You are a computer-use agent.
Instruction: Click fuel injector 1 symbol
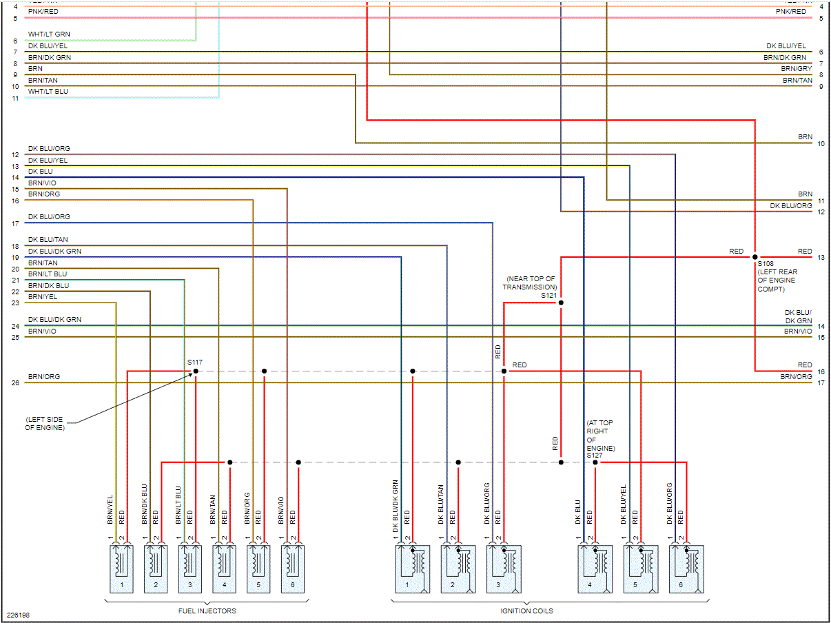coord(122,568)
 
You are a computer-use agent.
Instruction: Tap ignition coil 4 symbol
coord(594,568)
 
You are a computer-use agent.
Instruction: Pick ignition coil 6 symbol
coord(686,568)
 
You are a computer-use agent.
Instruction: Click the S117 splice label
coord(194,362)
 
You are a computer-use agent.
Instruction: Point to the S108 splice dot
coord(755,256)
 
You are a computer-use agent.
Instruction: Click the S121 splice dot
coord(561,303)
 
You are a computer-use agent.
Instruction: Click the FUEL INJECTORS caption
coord(207,611)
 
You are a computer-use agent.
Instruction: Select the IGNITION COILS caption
coord(526,611)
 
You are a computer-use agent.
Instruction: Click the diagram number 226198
coord(19,615)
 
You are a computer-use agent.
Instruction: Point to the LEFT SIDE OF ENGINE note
coord(45,423)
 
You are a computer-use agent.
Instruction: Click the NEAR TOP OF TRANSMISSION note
coord(529,283)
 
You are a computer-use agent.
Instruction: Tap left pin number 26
coord(15,382)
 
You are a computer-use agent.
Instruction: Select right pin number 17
coord(821,382)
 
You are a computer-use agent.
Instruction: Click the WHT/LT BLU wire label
coord(48,92)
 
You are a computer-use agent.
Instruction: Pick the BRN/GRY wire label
coord(797,69)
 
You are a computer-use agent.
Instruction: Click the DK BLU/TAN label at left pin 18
coord(48,240)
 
